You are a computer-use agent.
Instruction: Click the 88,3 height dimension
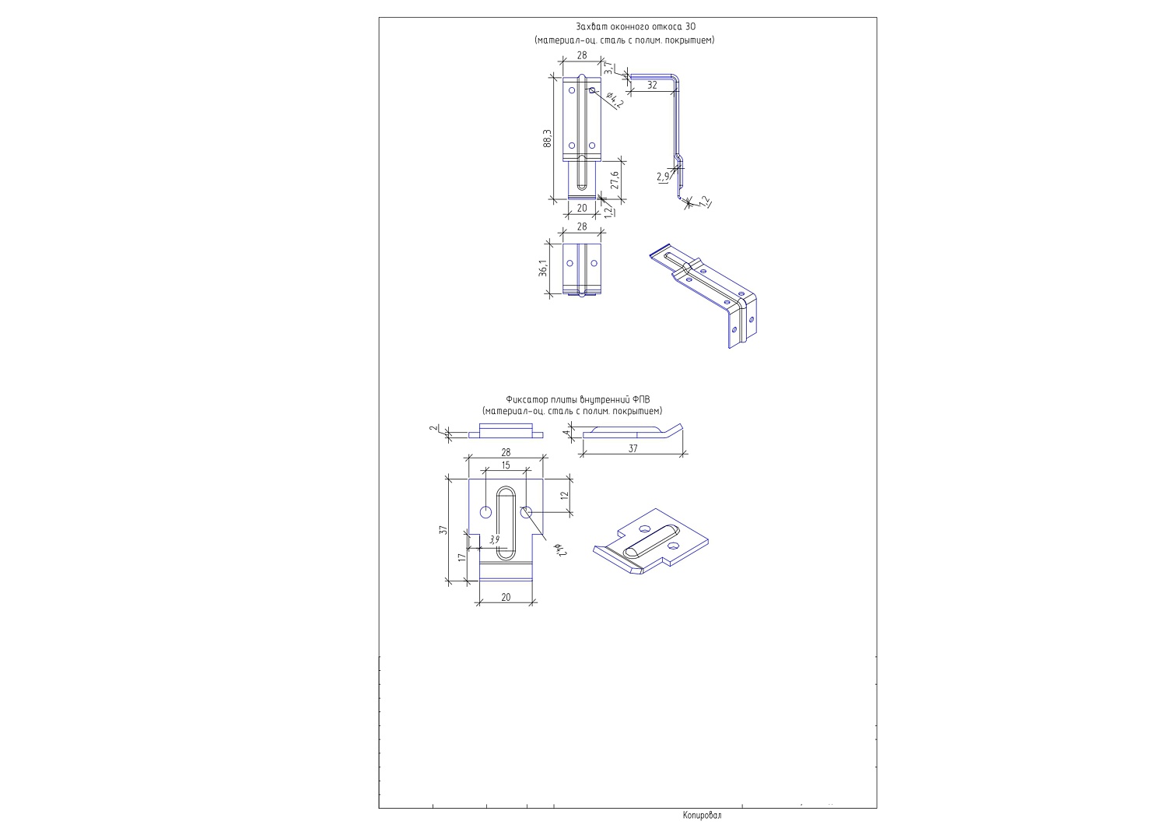point(548,138)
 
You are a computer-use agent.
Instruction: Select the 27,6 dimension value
point(615,179)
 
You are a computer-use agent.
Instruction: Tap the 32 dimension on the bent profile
point(652,85)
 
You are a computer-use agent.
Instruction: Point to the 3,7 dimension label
point(608,68)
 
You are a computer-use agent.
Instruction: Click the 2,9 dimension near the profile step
point(663,177)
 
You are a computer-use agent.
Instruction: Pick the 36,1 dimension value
point(543,268)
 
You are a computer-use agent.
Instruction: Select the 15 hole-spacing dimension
point(506,465)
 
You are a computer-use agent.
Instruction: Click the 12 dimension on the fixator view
point(565,495)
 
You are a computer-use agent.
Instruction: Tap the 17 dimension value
point(461,557)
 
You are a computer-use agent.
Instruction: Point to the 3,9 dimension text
point(494,540)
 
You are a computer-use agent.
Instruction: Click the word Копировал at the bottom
point(703,815)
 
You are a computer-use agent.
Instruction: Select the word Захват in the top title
point(591,26)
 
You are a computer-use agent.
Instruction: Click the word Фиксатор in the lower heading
point(524,400)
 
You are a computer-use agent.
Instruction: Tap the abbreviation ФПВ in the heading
point(641,400)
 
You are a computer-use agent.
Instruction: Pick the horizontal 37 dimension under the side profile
point(633,448)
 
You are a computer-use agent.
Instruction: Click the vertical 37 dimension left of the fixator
point(443,529)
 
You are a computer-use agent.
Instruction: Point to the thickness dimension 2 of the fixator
point(433,428)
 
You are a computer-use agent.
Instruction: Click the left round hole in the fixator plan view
point(485,512)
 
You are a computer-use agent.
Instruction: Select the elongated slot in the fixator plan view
point(506,523)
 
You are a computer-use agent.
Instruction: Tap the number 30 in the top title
point(690,26)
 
